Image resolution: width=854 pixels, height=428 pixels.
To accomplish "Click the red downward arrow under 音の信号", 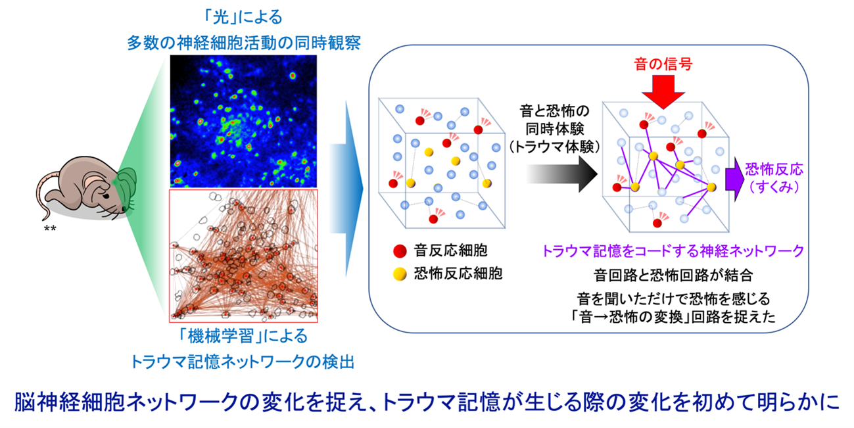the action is pos(663,92).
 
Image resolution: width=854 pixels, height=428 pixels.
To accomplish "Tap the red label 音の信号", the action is pos(663,64).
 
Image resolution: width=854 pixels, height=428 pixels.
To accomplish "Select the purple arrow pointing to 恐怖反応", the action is pos(734,179).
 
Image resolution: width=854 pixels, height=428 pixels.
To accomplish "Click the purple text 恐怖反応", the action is pos(774,169).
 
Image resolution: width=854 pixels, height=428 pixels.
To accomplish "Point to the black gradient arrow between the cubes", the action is pos(562,174).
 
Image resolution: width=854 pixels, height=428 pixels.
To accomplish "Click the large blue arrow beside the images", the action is pos(346,188).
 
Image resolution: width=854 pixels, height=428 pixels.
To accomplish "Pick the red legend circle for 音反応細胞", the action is pos(400,252).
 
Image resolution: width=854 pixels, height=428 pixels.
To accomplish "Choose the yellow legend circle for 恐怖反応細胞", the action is pos(400,274).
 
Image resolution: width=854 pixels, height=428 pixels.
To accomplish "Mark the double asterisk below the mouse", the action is pos(50,229).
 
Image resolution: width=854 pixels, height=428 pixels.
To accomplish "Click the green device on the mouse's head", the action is pos(125,189).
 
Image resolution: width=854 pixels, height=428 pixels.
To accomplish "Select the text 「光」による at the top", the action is pos(243,17).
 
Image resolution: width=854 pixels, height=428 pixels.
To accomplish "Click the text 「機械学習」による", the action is pos(243,336).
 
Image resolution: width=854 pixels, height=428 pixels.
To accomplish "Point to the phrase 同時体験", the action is pos(555,129).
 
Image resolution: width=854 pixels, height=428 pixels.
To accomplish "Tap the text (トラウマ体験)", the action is pos(555,147).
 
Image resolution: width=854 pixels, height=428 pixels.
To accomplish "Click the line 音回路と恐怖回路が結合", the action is pos(673,275).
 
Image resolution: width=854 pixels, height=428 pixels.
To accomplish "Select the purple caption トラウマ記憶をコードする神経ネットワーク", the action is pos(673,251).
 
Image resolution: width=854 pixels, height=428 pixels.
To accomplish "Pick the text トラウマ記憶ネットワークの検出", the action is pos(243,362).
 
